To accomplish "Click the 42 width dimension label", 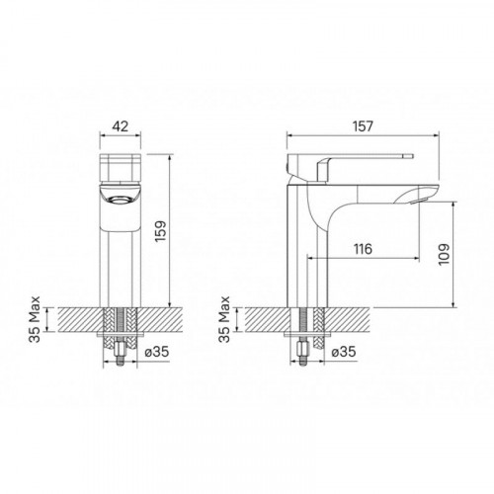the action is [120, 126].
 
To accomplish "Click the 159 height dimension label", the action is [160, 231].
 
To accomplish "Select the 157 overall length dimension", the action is [363, 126].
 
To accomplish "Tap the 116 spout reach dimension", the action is [363, 249].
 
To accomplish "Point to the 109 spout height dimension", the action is [444, 254].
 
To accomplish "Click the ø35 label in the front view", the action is [157, 352].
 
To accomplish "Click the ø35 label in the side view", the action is [344, 352].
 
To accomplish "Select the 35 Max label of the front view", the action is [35, 319].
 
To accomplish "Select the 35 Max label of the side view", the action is [224, 319].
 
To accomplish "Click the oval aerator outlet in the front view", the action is [120, 200].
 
